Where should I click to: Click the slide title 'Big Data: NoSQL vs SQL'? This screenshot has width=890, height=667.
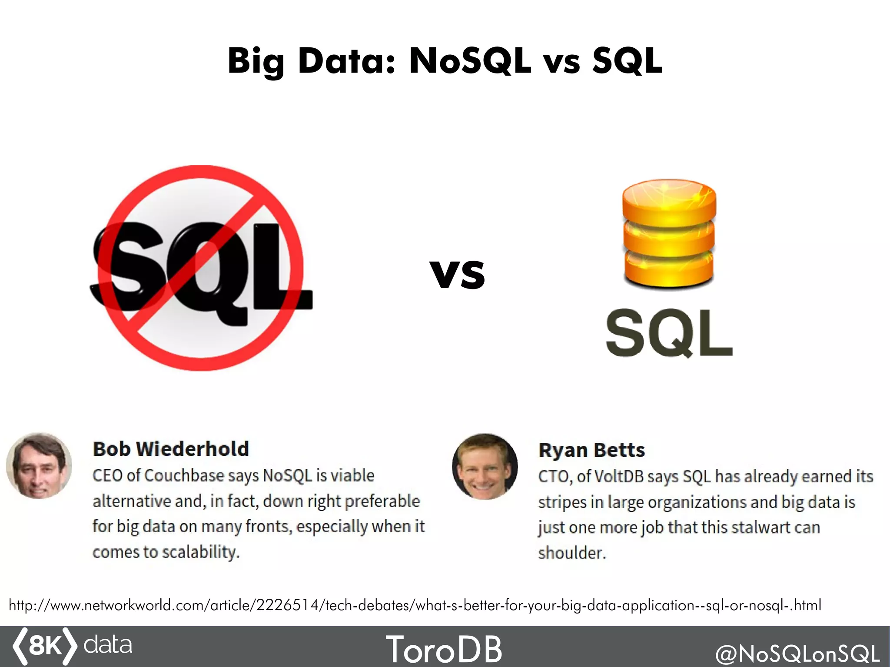point(445,61)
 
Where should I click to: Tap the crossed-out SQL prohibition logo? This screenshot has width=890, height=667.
point(201,268)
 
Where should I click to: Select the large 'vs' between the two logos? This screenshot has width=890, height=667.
point(457,274)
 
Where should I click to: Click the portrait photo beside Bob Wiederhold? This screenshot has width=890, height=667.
point(39,465)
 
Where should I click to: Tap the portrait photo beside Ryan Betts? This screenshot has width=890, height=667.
point(485,466)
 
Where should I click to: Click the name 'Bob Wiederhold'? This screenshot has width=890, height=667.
point(171,449)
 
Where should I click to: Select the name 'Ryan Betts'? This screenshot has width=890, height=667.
point(592,450)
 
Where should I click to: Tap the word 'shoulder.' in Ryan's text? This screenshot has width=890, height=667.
point(572,553)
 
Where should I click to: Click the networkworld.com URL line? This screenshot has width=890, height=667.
point(415,605)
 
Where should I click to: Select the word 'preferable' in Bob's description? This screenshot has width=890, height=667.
point(382,501)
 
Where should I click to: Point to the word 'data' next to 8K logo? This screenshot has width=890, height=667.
point(108,644)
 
